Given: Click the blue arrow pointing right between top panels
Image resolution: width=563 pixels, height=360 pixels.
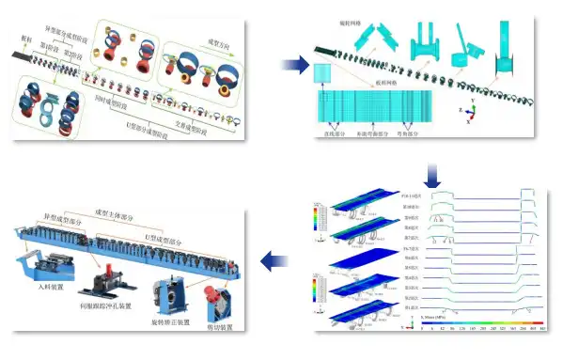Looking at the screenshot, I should point(294,65).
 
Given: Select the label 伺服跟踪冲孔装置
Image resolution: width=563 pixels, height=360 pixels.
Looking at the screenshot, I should point(113,306).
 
